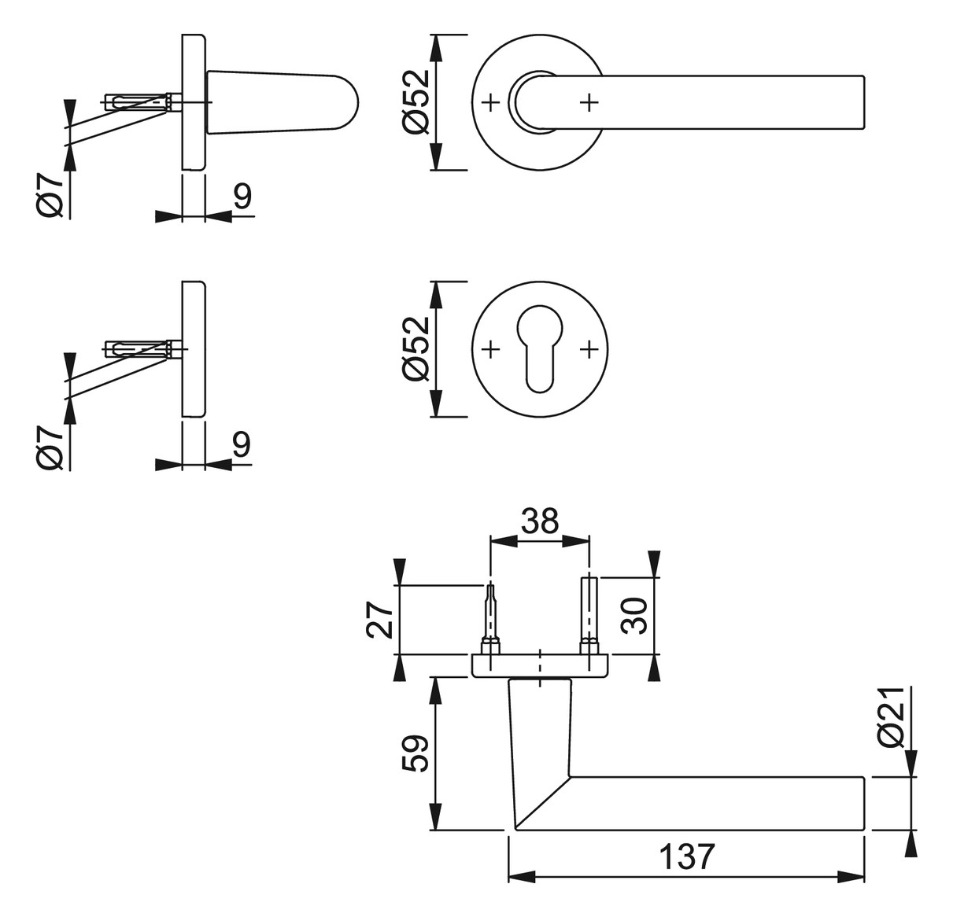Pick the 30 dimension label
pos(635,616)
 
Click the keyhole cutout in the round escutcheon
pos(539,348)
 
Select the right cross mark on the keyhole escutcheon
pos(589,349)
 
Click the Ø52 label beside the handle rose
pos(416,101)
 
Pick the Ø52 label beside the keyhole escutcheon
pos(416,349)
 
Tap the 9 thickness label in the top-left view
pos(242,197)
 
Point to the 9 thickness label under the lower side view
pos(241,444)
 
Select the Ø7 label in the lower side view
pos(50,447)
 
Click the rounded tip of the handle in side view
pos(352,103)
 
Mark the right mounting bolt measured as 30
pos(589,615)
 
